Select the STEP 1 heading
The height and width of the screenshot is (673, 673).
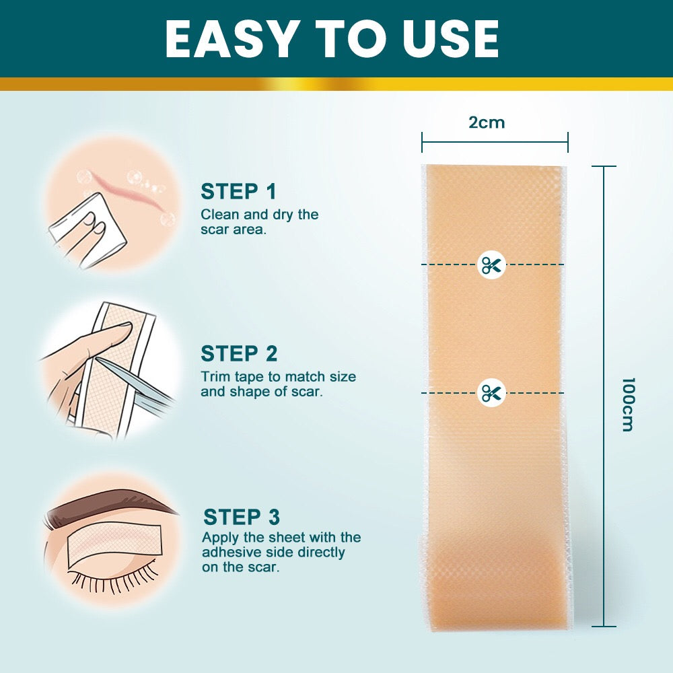coord(238,192)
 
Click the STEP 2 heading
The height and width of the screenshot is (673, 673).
coord(239,354)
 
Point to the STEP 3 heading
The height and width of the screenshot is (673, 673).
coord(241,517)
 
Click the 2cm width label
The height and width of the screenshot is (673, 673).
coord(487,122)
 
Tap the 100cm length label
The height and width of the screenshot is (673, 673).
coord(627,404)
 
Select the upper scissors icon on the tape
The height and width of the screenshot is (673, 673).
coord(491,264)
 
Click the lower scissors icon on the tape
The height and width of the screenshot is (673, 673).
coord(491,392)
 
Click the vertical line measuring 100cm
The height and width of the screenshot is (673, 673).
coord(604,397)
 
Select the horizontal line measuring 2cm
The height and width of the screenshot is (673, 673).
coord(495,142)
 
